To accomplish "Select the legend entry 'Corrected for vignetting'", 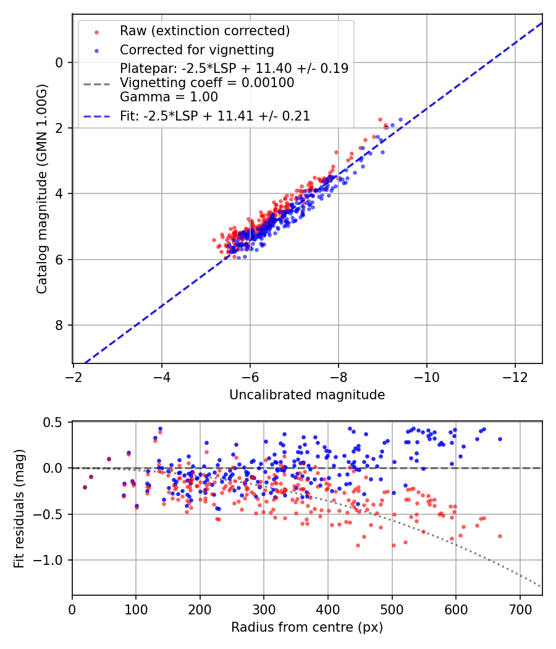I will tap(196, 49).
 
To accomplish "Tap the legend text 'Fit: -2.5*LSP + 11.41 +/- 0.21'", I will tap(215, 116).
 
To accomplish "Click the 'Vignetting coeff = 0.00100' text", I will tap(207, 83).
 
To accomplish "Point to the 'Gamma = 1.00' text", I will tap(169, 96).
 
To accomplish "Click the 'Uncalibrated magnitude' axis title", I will tap(307, 395).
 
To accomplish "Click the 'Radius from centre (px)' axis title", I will tap(307, 627).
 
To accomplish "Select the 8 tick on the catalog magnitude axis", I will tap(60, 325).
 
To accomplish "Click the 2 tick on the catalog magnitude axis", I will tap(60, 128).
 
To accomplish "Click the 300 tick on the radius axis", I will tap(264, 609).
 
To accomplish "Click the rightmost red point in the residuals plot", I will tap(500, 536).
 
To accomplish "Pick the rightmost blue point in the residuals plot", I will tap(500, 439).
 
